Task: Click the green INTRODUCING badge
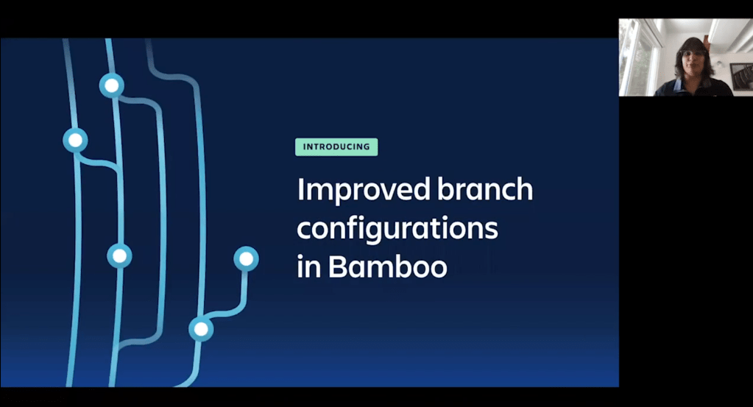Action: tap(336, 147)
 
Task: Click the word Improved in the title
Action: tap(364, 190)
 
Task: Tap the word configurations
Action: tap(397, 229)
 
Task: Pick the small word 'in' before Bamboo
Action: tap(309, 266)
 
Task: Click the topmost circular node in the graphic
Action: tap(111, 86)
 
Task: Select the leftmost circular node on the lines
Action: tap(75, 140)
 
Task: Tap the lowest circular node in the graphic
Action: tap(201, 329)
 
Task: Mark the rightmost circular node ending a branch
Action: tap(247, 258)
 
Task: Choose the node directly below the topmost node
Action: tap(119, 256)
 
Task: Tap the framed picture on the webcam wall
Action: tap(741, 76)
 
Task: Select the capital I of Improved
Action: tap(300, 189)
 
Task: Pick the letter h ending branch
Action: tap(524, 188)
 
